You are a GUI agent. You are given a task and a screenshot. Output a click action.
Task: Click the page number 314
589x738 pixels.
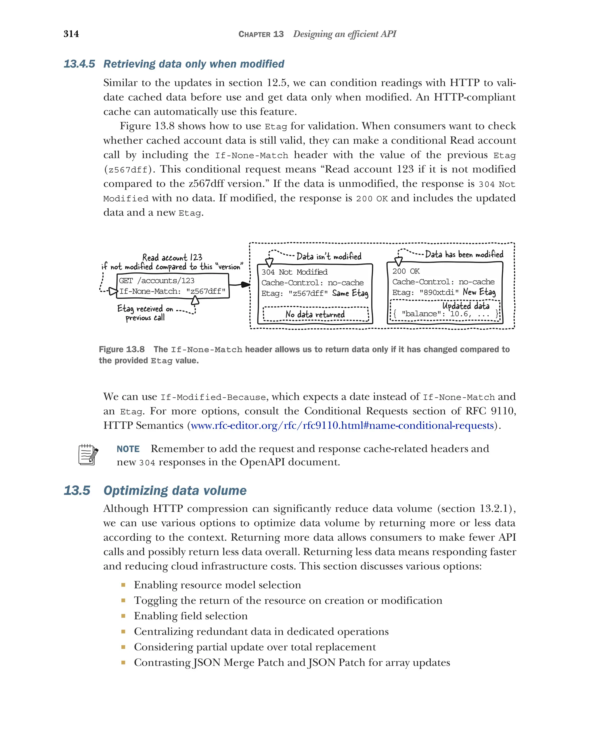tap(71, 34)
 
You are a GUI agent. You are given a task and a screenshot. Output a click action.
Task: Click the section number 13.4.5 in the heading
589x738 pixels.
tap(79, 64)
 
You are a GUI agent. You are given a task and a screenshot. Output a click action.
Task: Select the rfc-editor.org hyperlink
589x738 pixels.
tap(342, 425)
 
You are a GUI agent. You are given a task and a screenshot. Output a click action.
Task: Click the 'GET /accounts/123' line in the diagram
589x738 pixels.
tap(156, 281)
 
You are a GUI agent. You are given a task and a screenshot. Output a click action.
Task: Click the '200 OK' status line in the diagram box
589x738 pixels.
tap(406, 271)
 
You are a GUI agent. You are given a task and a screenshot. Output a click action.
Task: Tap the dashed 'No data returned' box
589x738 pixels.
tap(315, 314)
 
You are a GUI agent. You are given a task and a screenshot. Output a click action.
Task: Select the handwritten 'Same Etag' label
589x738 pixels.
tap(350, 293)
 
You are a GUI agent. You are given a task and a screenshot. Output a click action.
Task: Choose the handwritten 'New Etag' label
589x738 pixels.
tap(479, 292)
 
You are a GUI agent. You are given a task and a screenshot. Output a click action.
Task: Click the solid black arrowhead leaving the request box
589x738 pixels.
tap(245, 284)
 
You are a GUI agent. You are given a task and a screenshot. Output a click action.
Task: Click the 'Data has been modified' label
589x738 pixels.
tap(464, 254)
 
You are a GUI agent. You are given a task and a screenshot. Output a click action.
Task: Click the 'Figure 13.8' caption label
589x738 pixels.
tap(122, 350)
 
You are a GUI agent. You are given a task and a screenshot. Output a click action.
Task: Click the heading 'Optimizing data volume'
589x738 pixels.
tap(175, 491)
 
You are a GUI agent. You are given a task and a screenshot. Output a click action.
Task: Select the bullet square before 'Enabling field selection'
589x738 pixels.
tap(123, 616)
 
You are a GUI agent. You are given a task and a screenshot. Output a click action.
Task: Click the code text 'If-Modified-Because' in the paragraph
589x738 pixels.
tap(213, 397)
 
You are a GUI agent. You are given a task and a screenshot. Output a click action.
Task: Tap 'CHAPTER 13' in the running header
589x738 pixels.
tap(261, 34)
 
